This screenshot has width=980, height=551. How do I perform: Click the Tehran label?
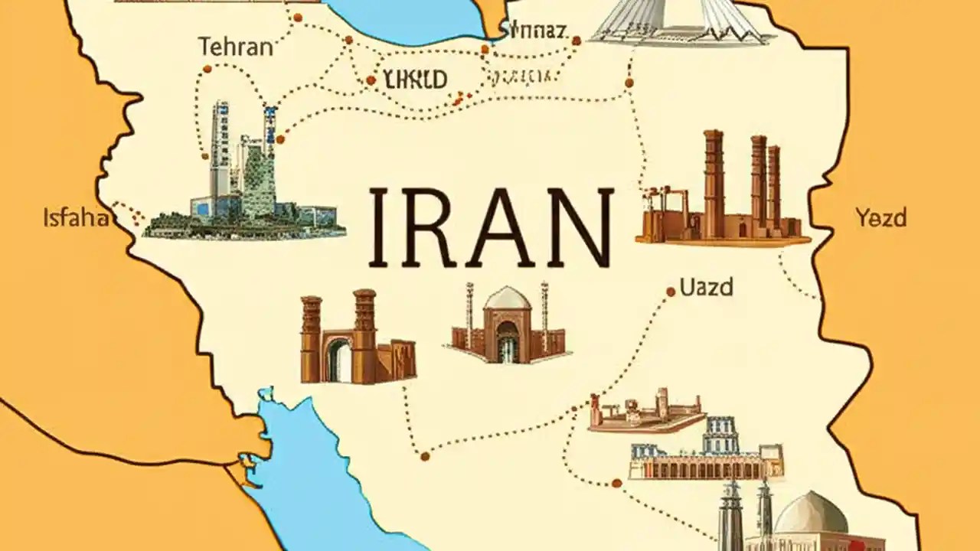[x=235, y=47]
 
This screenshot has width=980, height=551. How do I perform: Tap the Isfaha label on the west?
[x=76, y=218]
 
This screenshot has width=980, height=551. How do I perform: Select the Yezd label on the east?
[x=880, y=218]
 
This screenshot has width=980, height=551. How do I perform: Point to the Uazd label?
[x=706, y=288]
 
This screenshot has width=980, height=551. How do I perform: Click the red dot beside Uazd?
[x=671, y=292]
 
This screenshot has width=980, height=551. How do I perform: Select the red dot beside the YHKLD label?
[x=371, y=80]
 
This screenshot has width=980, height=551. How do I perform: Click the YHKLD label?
[x=415, y=78]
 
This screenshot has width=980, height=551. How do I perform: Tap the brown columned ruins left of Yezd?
[x=724, y=195]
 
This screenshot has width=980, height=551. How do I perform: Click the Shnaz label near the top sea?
[x=535, y=31]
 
